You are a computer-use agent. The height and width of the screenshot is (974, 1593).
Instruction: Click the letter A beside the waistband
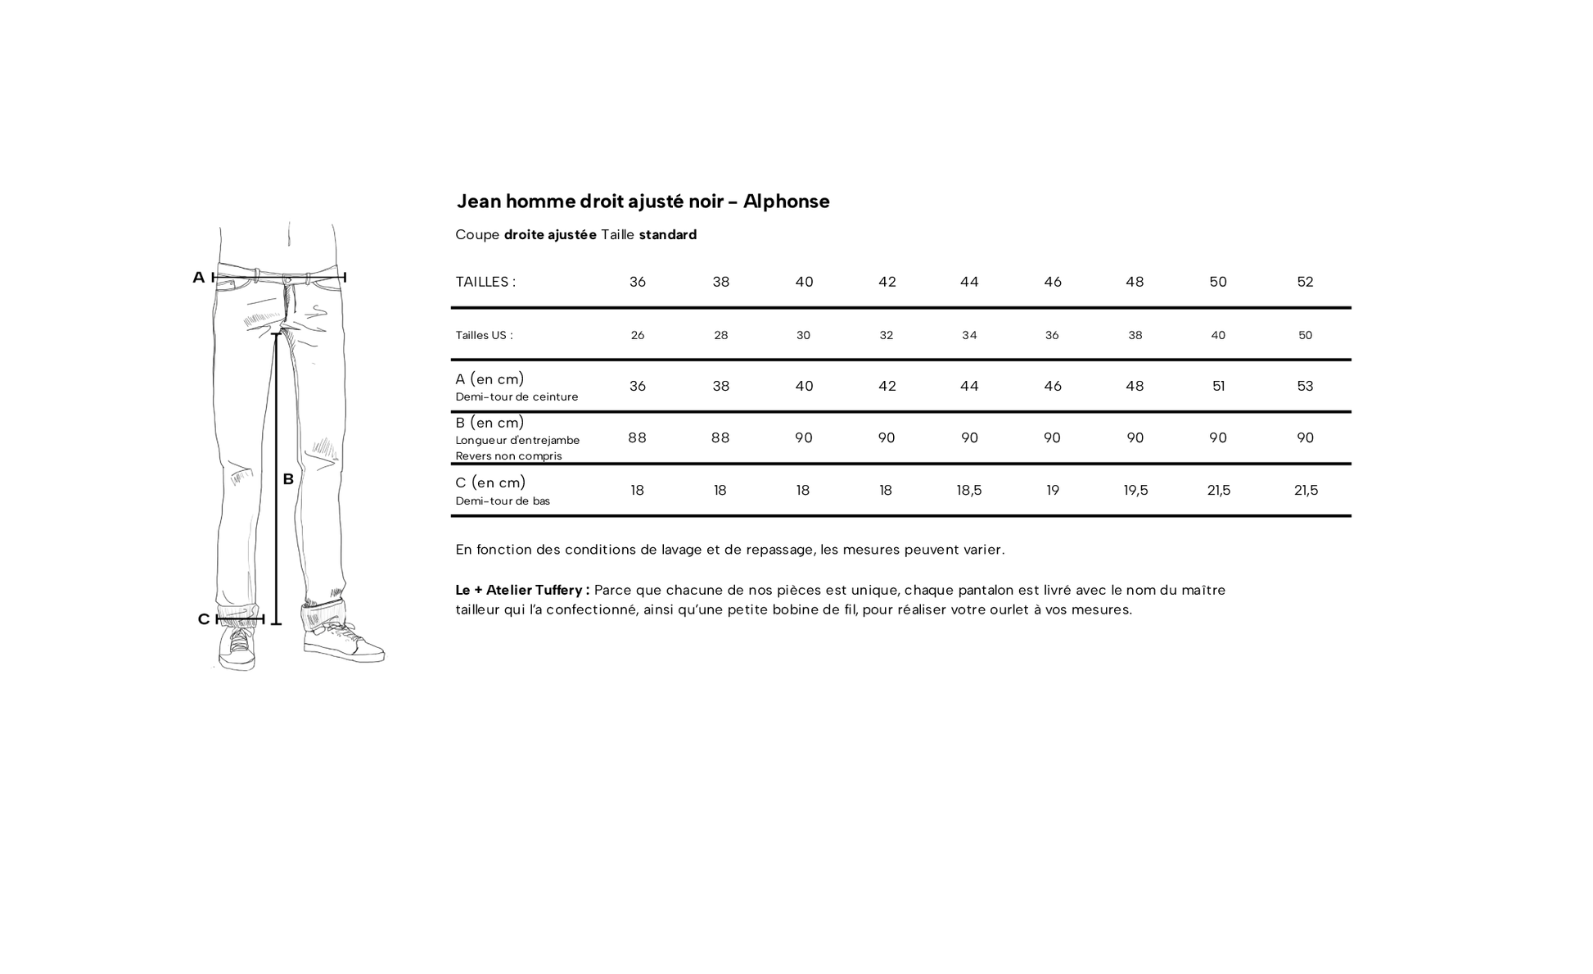198,278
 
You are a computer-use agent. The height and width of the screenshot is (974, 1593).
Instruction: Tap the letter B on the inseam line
288,479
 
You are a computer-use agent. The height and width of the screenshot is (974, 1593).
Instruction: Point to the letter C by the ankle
204,619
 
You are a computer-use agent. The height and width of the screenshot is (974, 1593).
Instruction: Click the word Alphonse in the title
786,202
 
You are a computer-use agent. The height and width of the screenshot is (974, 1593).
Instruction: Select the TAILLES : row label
485,282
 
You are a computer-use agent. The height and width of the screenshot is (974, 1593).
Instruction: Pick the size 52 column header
1305,282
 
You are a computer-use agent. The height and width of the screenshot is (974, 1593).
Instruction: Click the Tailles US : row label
484,335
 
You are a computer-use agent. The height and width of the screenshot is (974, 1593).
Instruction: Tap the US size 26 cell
638,335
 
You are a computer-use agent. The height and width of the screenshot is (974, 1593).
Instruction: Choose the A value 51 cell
1218,386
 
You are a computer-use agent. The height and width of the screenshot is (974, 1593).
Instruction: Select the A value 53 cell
1305,386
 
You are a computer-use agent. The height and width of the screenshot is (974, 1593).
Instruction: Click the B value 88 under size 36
638,437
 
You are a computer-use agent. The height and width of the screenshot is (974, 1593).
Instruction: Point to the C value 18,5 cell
969,490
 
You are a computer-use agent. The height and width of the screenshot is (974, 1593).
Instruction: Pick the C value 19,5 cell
1135,490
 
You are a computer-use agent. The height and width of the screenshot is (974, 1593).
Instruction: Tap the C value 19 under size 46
1053,490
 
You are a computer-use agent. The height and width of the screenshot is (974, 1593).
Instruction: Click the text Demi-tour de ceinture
517,397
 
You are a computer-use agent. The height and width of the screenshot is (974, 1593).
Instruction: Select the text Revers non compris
508,456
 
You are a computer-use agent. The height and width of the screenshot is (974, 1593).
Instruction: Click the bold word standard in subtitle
667,235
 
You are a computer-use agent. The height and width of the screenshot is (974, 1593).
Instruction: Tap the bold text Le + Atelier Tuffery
521,590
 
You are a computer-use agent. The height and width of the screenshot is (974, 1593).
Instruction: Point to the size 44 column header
969,282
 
